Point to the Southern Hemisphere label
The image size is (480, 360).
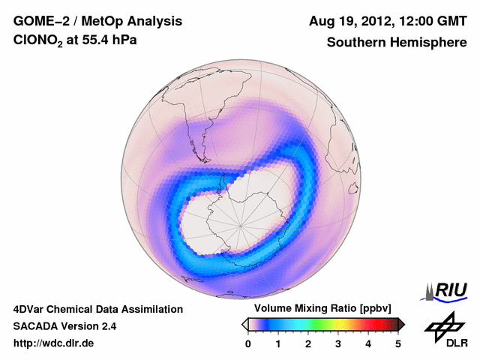coord(397,43)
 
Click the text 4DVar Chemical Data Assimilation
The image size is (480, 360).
coord(98,309)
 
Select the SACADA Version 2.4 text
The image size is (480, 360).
coord(64,326)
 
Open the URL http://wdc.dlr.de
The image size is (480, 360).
coord(54,343)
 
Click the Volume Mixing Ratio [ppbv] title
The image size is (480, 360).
coord(323,309)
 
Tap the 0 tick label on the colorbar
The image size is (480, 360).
coord(248,343)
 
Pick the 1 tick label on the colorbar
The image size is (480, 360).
coord(278,343)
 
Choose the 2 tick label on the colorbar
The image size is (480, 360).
coord(308,343)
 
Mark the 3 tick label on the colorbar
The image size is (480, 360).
coord(338,343)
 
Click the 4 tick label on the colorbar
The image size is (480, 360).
coord(368,343)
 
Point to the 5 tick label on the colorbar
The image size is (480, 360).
coord(398,343)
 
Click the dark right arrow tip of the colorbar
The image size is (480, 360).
coord(402,324)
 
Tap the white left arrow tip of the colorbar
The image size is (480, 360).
coord(244,324)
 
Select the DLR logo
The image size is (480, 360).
coord(443,330)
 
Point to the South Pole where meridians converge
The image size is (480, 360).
coord(241,224)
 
